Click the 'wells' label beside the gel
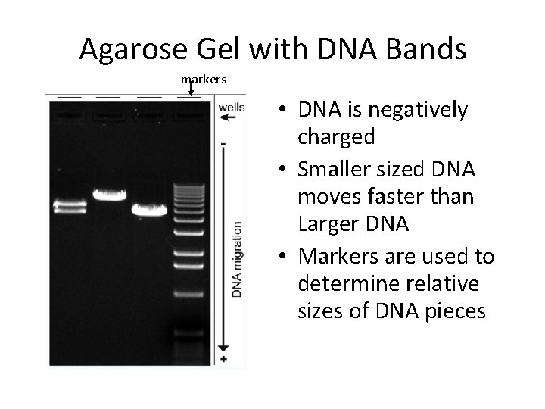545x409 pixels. point(231,107)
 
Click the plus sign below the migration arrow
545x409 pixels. point(223,357)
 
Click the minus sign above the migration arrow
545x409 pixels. point(223,142)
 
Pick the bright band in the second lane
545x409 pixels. point(110,195)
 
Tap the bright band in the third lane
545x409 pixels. point(149,210)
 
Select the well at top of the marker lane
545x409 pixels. point(188,116)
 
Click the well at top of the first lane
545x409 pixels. point(70,116)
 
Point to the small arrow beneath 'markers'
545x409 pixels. point(190,90)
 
